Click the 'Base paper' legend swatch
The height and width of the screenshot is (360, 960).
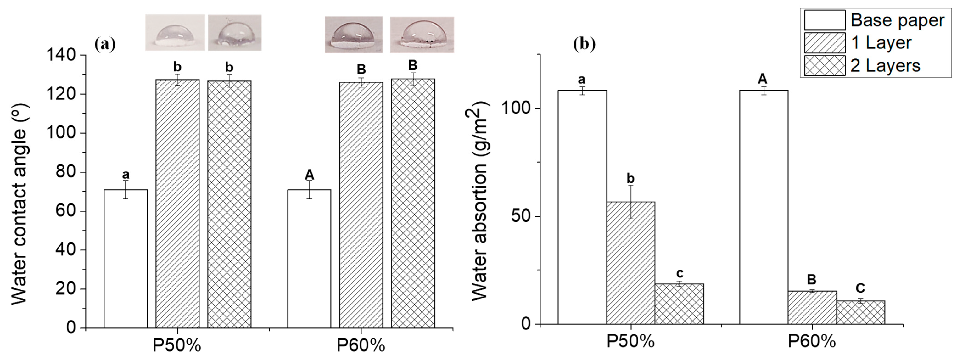click(824, 20)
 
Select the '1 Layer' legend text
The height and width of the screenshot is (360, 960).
click(881, 43)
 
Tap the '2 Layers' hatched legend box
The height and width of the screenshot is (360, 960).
click(824, 66)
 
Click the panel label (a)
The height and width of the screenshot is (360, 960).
click(105, 44)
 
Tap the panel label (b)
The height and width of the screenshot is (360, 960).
click(584, 44)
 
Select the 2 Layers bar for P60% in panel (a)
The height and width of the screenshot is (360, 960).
click(413, 203)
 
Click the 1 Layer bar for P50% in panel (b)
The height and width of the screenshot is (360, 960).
click(631, 263)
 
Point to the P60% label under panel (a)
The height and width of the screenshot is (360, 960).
click(361, 346)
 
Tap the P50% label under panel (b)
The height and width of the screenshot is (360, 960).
click(631, 342)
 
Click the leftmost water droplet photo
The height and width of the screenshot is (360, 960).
click(175, 32)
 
